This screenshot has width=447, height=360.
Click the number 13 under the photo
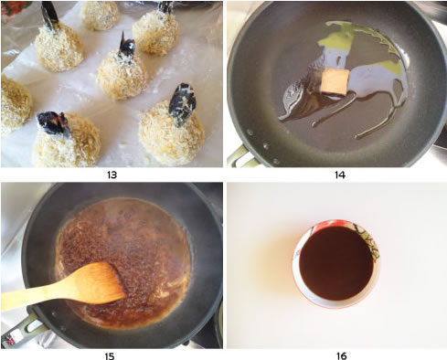point(112,175)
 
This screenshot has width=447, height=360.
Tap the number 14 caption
point(340,175)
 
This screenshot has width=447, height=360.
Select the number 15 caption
point(110,355)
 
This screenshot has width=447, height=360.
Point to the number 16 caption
point(342,355)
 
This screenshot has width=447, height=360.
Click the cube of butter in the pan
point(335,81)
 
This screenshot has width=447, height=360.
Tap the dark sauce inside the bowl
point(336,263)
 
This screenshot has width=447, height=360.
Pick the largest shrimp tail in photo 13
point(181,104)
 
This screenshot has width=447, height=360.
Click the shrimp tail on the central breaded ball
point(126,48)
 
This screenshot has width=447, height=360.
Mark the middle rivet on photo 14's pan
point(266,145)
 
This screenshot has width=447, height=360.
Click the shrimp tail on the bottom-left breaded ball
point(53,123)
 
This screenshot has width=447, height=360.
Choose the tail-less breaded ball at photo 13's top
point(100,16)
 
